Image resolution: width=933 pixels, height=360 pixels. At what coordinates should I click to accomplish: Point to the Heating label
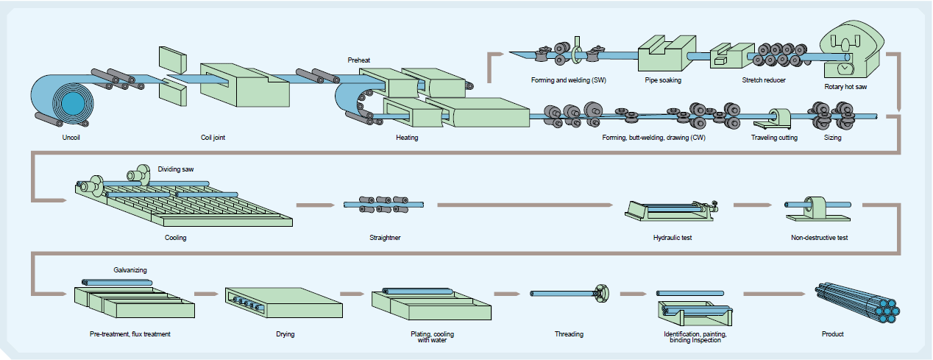tap(407, 137)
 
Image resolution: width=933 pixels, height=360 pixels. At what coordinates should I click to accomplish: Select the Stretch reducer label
tap(764, 80)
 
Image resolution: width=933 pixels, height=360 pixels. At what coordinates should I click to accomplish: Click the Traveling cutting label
tap(774, 138)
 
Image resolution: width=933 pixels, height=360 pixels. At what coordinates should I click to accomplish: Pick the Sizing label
tap(833, 138)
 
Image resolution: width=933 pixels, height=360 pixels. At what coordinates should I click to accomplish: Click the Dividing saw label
tap(176, 169)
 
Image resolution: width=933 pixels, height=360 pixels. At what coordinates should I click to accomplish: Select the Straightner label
tap(385, 238)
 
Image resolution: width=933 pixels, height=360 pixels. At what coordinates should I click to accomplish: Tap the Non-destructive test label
tap(820, 238)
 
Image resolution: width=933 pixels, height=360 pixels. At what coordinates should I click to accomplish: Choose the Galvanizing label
tap(130, 270)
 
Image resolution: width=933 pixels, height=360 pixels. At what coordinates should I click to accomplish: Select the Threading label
tap(569, 334)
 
